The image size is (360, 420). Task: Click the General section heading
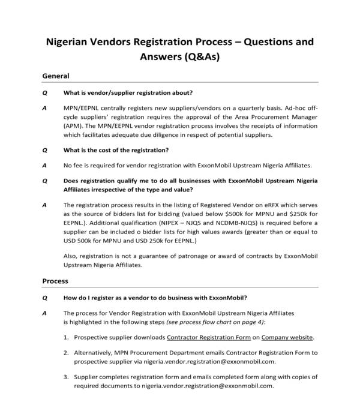click(x=56, y=76)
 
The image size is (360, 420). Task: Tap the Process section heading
click(x=55, y=281)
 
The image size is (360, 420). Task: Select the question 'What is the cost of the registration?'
click(x=116, y=150)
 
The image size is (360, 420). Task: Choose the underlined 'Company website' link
click(x=287, y=338)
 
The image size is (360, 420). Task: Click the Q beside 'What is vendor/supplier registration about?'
click(x=44, y=92)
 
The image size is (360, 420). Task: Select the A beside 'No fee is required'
click(x=44, y=165)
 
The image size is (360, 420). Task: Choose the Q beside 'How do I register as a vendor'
click(x=44, y=298)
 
